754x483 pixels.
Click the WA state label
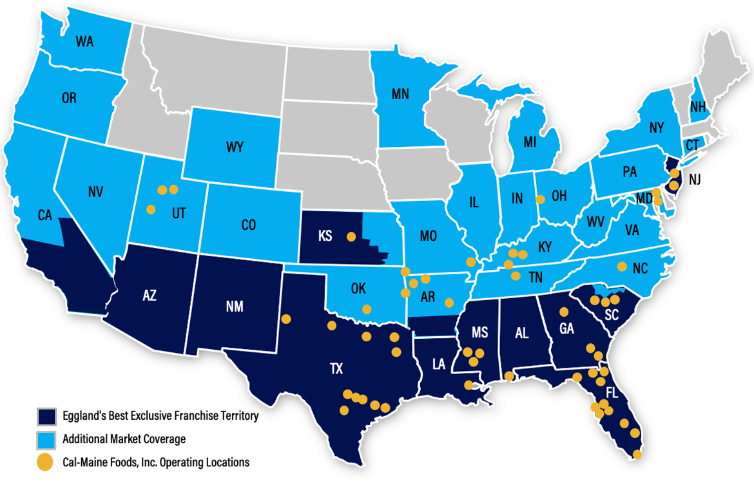coord(84,43)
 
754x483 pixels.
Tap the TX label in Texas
coord(336,369)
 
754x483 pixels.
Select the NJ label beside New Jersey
coord(694,180)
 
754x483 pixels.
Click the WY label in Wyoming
coord(235,147)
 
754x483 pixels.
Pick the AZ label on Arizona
coord(150,296)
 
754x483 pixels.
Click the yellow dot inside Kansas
coord(351,236)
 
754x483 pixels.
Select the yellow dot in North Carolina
coord(622,266)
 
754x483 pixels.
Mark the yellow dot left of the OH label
coord(541,199)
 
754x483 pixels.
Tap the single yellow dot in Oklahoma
coord(367,309)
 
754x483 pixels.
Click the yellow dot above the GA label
coord(564,312)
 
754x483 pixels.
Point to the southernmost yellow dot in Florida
coord(637,454)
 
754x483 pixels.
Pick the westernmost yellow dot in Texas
coord(286,319)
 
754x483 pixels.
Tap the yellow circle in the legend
coord(45,462)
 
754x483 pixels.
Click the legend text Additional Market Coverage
coord(124,439)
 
